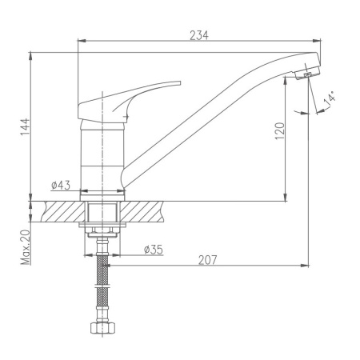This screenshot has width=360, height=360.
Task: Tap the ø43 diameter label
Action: tap(61, 186)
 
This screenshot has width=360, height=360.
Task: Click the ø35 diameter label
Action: tap(153, 250)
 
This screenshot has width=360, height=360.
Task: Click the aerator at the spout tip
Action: tap(305, 74)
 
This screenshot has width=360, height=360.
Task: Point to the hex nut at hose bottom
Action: tap(102, 329)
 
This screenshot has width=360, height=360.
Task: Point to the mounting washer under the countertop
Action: tap(102, 230)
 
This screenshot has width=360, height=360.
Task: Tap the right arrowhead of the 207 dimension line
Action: tap(308, 265)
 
